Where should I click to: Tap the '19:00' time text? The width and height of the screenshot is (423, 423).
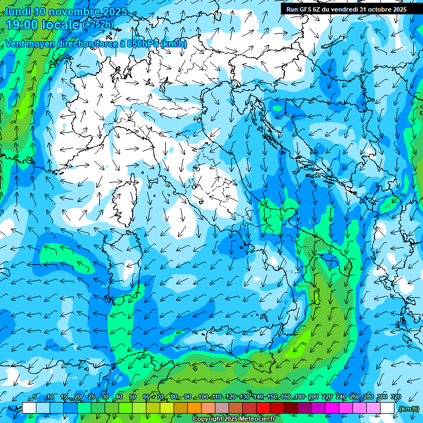[x=23, y=25]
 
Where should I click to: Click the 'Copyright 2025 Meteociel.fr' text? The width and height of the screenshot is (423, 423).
[x=234, y=419]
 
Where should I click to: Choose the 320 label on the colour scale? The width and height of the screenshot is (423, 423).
[x=395, y=397]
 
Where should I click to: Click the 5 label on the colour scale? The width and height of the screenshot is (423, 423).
[x=35, y=397]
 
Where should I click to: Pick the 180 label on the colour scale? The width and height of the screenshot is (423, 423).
[x=300, y=397]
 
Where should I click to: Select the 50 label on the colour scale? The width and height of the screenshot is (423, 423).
[x=132, y=397]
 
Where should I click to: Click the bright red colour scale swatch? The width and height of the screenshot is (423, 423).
[x=263, y=408]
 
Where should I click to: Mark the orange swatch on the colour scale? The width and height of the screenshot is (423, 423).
[x=194, y=408]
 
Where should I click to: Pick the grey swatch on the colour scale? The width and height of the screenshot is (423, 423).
[x=222, y=408]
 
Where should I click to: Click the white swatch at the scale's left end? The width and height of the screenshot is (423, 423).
[x=29, y=408]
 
